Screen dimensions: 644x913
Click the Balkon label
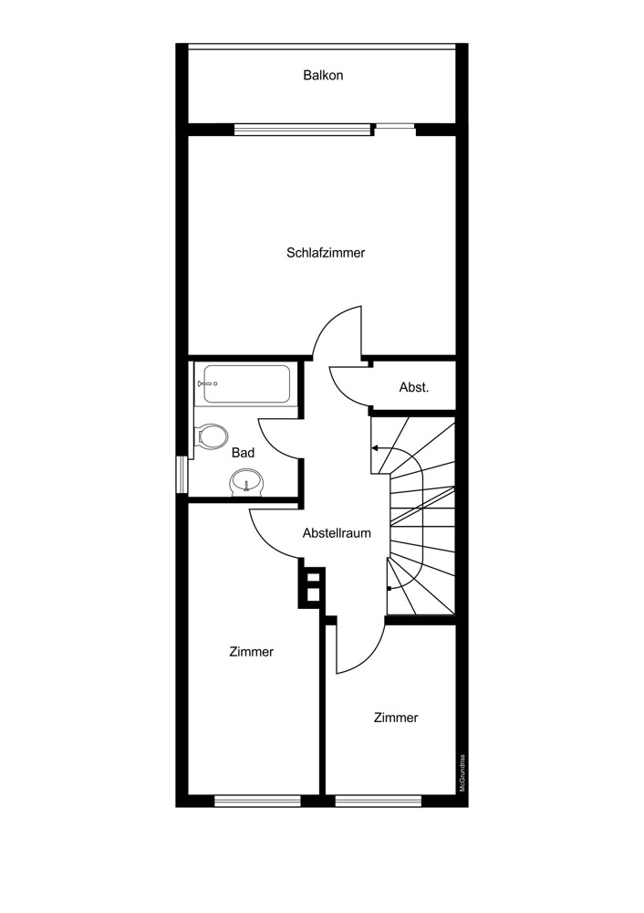pos(323,75)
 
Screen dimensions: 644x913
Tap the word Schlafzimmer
pos(326,253)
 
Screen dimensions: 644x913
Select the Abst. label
pos(414,387)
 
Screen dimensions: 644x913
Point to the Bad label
pos(244,453)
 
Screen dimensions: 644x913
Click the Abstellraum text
pos(337,533)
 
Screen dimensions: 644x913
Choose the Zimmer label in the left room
pos(252,652)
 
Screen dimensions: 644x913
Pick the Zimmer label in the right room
pos(396,718)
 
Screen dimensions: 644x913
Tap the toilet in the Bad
pos(212,436)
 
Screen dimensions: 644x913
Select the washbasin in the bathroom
pos(247,482)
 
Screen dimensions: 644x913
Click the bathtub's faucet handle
pos(206,383)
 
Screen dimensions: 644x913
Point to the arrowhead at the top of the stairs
pos(375,448)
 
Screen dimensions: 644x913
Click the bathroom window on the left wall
pos(182,475)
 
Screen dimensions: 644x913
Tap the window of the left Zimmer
pos(258,802)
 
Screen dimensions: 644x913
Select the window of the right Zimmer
pos(378,802)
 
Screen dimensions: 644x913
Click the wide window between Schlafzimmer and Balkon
pos(303,130)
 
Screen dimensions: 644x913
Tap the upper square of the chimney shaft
pos(313,578)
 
